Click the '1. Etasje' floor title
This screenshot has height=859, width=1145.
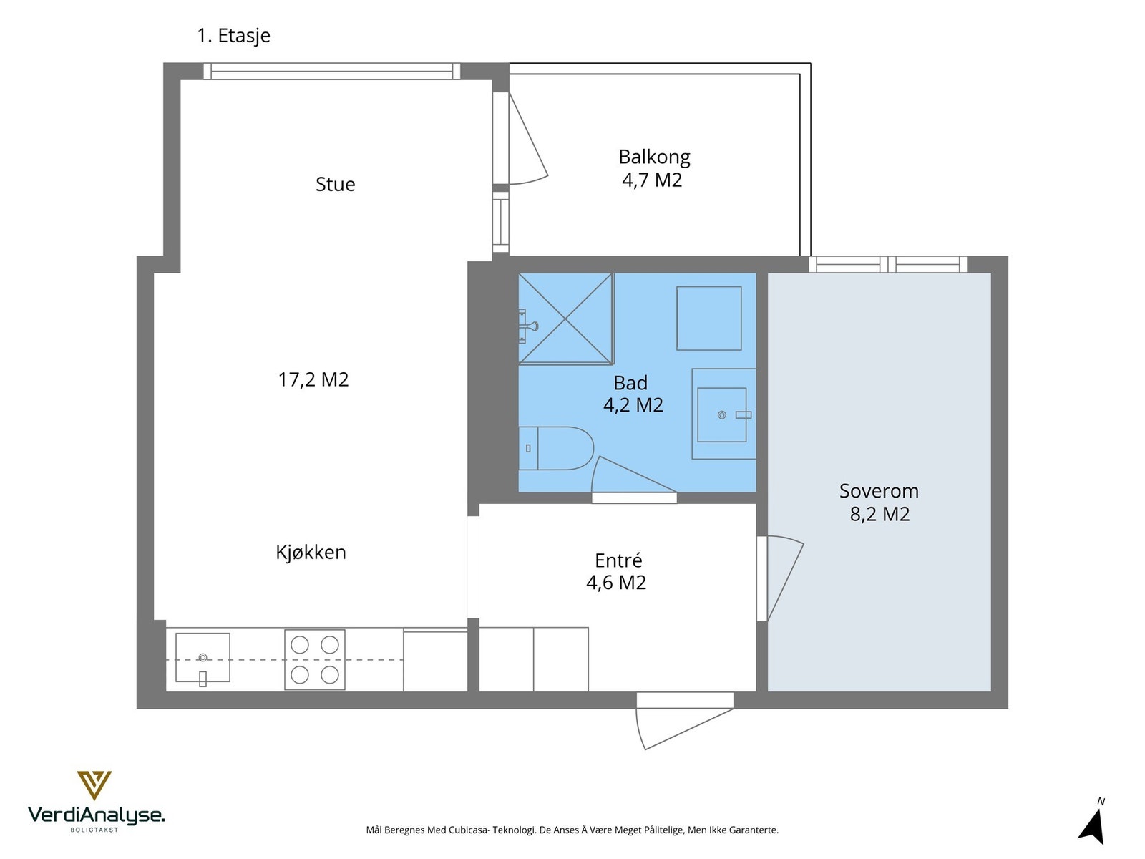(x=233, y=36)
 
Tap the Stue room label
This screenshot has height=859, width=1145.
(x=335, y=184)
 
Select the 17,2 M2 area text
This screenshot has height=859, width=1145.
(x=313, y=379)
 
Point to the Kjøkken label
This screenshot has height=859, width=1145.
(x=311, y=552)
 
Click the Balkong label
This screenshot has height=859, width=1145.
(x=654, y=157)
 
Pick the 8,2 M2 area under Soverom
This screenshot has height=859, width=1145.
(x=880, y=514)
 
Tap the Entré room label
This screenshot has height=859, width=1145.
(x=618, y=560)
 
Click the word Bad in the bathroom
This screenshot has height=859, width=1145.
(x=630, y=383)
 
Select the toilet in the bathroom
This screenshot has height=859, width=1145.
(x=556, y=448)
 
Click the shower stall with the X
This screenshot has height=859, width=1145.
(x=565, y=318)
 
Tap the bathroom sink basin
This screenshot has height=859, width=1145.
(x=721, y=414)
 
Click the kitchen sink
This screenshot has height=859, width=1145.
(x=203, y=658)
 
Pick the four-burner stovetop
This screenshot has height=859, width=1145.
(x=315, y=660)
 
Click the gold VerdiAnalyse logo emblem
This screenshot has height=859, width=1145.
(x=94, y=785)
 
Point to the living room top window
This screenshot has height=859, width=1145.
(x=332, y=71)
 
